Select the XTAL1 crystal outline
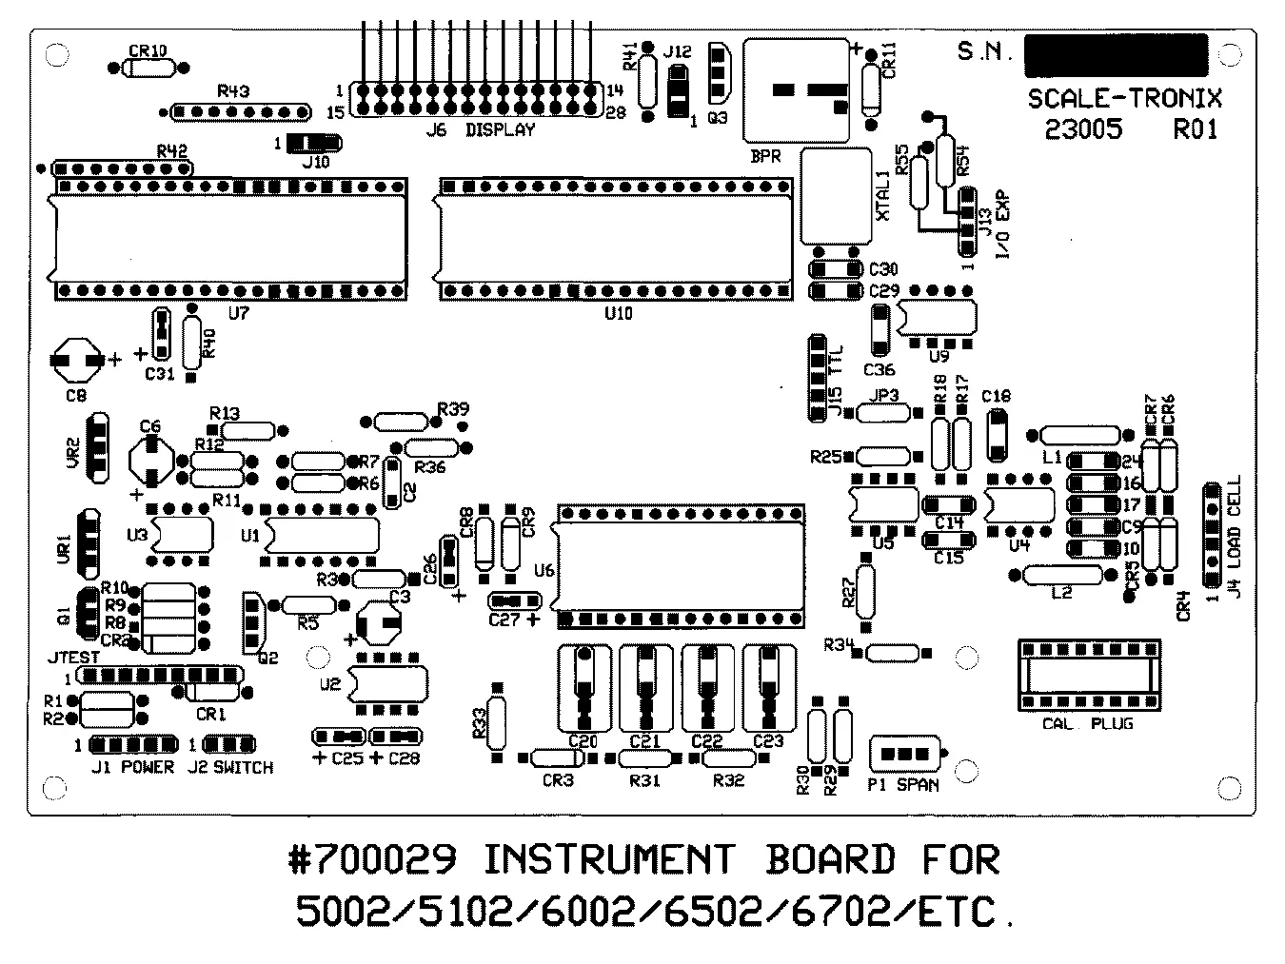pos(837,196)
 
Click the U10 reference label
pos(618,313)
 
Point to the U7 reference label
pos(238,313)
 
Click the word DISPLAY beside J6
pos(500,130)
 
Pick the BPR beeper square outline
pos(796,90)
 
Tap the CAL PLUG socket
pos(1089,676)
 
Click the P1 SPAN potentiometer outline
pos(904,754)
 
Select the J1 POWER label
pos(132,767)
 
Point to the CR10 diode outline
pos(148,68)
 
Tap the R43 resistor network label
pos(233,92)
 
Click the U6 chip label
pos(544,570)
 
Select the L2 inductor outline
pos(1062,574)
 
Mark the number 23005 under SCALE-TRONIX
pos(1083,128)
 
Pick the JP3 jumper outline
pos(885,412)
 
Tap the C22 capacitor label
pos(706,741)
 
